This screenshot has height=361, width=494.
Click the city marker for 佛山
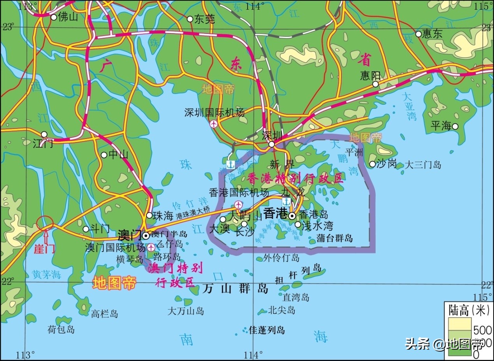click(54, 17)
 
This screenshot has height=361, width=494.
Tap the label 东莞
click(204, 19)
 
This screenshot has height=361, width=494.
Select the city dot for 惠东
click(418, 34)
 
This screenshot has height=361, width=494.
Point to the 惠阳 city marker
click(375, 84)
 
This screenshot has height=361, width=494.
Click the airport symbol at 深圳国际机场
click(214, 124)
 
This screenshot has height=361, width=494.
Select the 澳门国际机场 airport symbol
click(151, 247)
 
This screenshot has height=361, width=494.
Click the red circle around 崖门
click(44, 224)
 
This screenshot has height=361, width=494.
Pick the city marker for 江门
click(44, 134)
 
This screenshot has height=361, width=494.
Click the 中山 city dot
click(104, 155)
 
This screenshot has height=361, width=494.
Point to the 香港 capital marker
click(292, 215)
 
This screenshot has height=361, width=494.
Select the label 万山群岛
click(236, 289)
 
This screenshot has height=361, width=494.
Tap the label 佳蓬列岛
click(267, 330)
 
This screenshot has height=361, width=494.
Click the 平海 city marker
click(455, 126)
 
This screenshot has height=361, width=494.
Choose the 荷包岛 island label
click(61, 329)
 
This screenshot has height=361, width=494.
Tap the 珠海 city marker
click(149, 215)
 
